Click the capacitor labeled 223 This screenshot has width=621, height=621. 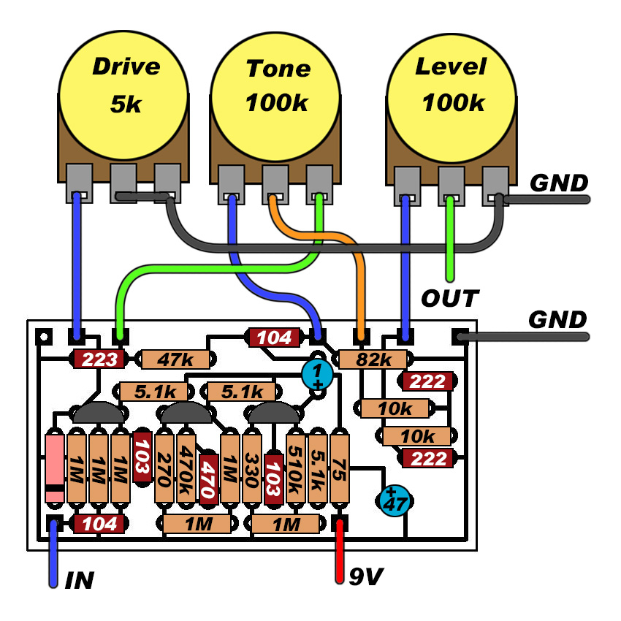pyautogui.click(x=97, y=359)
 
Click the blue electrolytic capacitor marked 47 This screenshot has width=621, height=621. pyautogui.click(x=395, y=500)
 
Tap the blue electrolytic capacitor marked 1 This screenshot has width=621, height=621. pyautogui.click(x=318, y=375)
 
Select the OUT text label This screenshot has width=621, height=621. pyautogui.click(x=450, y=298)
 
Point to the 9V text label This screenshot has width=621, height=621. pyautogui.click(x=365, y=576)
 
